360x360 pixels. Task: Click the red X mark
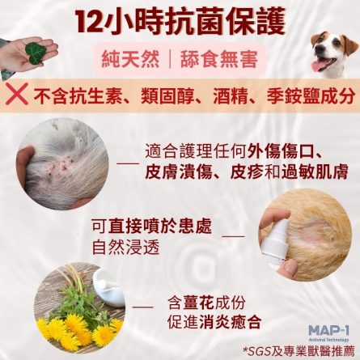(x=17, y=94)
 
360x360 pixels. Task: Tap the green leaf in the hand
(x=34, y=53)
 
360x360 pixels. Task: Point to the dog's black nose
(x=320, y=49)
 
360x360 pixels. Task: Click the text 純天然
(x=130, y=59)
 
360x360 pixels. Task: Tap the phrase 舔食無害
(x=219, y=59)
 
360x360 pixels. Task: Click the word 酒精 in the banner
(x=230, y=96)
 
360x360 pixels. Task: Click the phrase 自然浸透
(x=125, y=247)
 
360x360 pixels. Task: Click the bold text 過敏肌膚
(x=315, y=172)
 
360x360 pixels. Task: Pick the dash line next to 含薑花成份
(x=143, y=307)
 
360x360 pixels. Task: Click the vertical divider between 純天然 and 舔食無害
(x=170, y=59)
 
